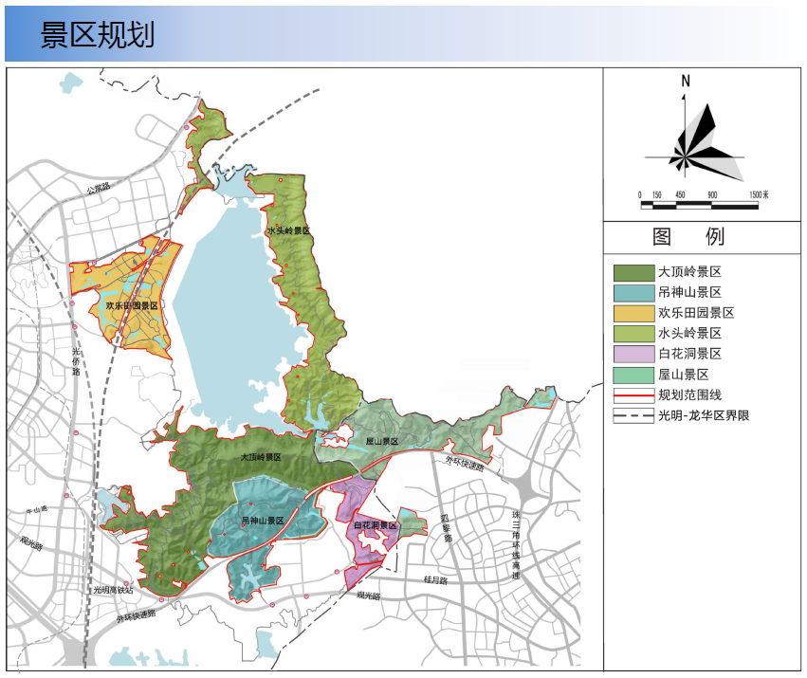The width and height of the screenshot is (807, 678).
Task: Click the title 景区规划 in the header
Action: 98,34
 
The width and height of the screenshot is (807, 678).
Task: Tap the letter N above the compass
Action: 685,82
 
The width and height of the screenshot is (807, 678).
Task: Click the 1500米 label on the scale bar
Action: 758,193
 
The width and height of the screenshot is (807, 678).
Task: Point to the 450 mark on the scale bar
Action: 679,193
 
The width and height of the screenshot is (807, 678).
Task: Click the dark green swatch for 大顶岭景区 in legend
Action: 633,272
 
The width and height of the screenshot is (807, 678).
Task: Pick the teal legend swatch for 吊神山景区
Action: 633,293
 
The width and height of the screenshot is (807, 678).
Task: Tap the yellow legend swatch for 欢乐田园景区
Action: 633,313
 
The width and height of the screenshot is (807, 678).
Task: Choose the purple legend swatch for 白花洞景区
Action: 633,354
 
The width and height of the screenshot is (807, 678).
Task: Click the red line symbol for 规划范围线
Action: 633,394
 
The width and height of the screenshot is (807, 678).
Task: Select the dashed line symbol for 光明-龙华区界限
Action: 633,415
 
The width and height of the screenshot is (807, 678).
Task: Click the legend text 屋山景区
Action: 689,375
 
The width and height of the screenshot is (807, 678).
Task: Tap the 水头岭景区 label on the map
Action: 288,230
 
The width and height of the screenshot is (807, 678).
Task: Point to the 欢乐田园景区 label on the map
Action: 131,306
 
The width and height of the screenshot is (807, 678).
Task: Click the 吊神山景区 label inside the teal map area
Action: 263,521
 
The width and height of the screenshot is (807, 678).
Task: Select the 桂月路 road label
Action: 435,579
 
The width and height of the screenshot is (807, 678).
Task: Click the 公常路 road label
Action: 98,189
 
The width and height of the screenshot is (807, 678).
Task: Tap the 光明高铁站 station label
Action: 113,590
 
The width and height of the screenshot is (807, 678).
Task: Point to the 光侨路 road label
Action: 77,361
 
